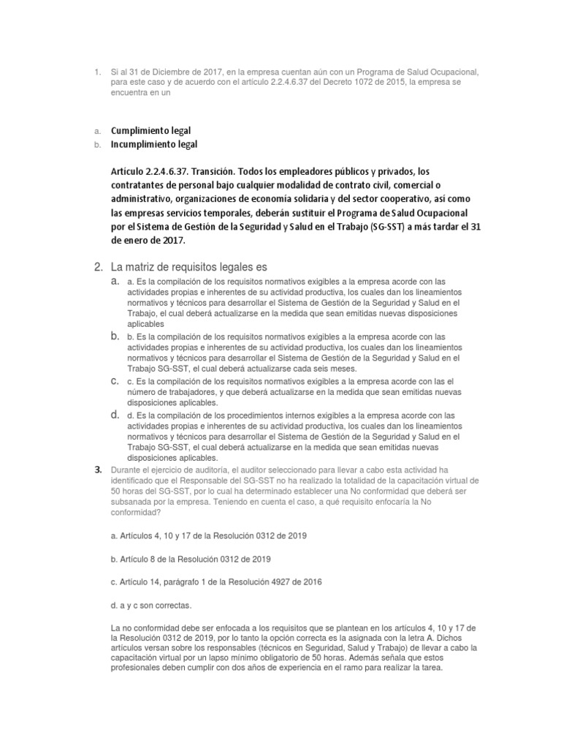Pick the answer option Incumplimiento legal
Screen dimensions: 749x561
(x=154, y=145)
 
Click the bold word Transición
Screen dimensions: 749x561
(x=194, y=172)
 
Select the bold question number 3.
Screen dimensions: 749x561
(x=98, y=470)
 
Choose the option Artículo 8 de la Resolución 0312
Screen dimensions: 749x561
(x=189, y=559)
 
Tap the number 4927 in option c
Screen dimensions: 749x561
(x=286, y=581)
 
